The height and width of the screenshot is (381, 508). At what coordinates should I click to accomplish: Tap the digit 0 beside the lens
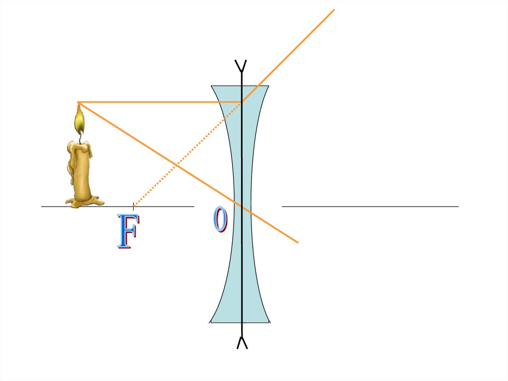[x=220, y=220]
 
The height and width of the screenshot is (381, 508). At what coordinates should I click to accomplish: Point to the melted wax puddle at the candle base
[x=84, y=201]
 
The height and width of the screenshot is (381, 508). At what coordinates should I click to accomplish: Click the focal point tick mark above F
[x=133, y=206]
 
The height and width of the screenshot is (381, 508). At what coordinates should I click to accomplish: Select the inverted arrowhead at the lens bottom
[x=242, y=342]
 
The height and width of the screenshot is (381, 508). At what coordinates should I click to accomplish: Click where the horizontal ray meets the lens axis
[x=242, y=102]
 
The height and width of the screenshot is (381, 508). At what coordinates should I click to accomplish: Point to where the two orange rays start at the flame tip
[x=78, y=103]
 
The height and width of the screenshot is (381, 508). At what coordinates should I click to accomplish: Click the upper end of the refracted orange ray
[x=333, y=10]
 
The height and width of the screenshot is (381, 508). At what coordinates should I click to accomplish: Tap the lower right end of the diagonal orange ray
[x=297, y=242]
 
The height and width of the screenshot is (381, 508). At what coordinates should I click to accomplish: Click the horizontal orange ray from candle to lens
[x=159, y=102]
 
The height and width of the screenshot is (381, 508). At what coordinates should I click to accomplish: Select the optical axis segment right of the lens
[x=370, y=206]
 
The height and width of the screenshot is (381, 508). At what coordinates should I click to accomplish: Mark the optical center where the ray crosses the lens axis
[x=242, y=206]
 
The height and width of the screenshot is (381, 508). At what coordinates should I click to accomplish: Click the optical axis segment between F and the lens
[x=164, y=206]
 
